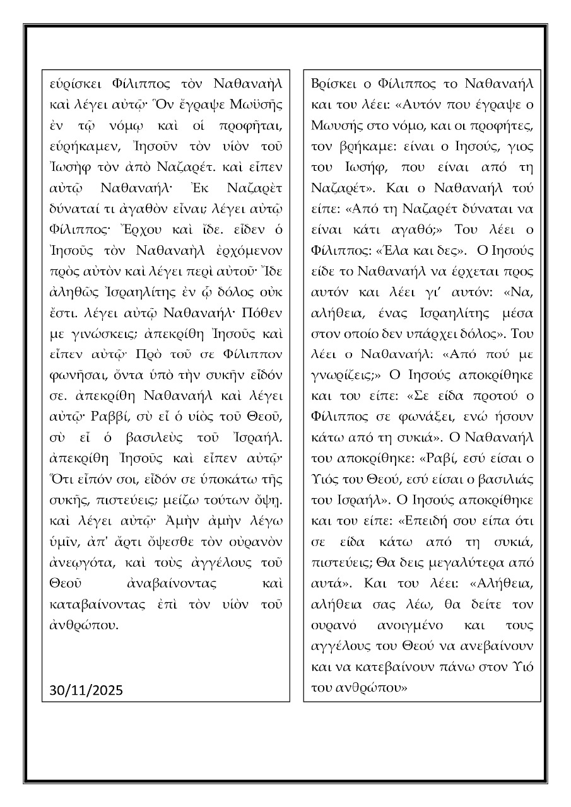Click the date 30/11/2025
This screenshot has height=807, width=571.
pyautogui.click(x=86, y=690)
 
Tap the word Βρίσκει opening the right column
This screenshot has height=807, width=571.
pyautogui.click(x=333, y=84)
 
